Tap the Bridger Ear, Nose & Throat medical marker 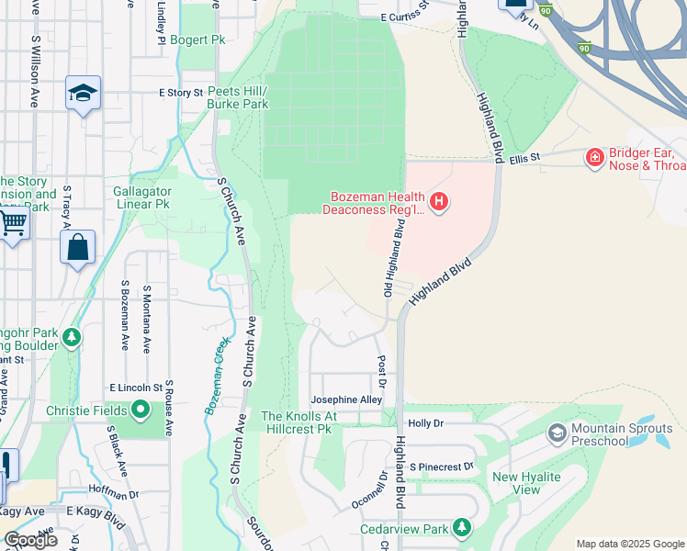click(594, 159)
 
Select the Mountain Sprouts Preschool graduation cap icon click(557, 432)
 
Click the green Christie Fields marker click(141, 409)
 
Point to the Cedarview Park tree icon click(462, 527)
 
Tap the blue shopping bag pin click(77, 247)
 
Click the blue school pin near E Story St click(83, 94)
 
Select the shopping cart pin click(11, 223)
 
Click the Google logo click(31, 540)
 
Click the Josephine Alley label click(346, 400)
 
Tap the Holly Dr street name click(425, 423)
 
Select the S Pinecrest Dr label click(441, 467)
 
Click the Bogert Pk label click(197, 40)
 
